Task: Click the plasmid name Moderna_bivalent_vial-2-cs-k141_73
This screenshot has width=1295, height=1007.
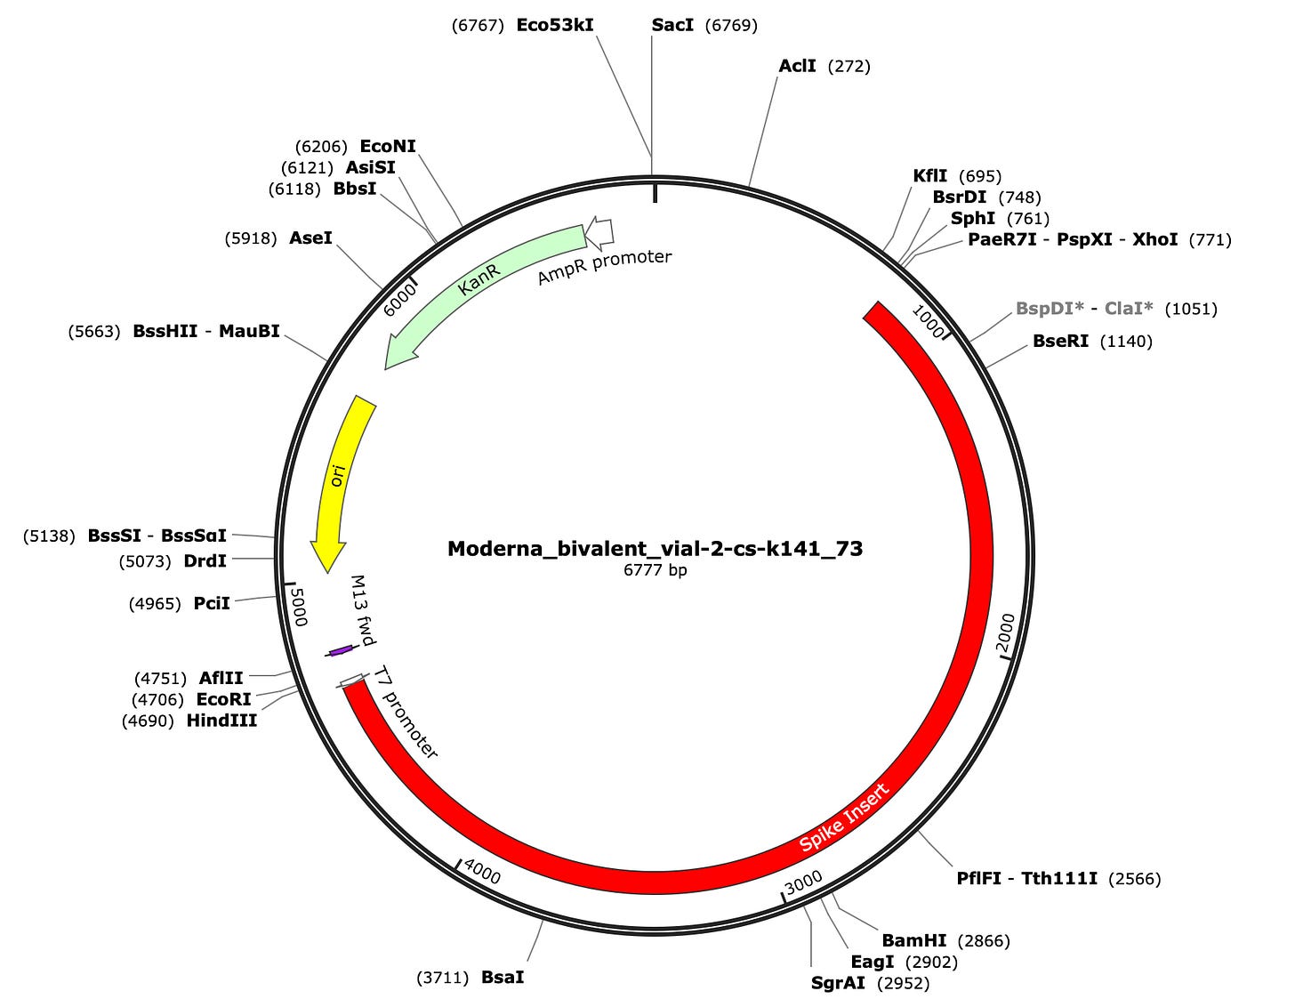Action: (655, 548)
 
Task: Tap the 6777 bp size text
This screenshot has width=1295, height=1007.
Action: (655, 570)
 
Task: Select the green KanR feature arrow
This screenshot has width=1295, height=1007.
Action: (480, 285)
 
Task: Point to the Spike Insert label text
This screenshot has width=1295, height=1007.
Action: (843, 818)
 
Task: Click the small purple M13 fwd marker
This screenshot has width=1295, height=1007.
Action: (340, 651)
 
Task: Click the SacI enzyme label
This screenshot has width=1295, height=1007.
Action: (672, 25)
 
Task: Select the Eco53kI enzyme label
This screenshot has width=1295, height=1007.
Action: (554, 25)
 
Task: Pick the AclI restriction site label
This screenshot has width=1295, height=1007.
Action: (797, 66)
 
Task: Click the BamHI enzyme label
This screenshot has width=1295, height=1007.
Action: (914, 940)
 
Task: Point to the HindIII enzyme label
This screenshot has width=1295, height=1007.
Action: (221, 721)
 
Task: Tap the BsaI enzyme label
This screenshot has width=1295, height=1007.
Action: (503, 977)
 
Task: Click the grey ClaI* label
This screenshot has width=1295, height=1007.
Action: (1129, 309)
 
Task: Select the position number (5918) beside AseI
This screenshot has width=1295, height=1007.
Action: (252, 238)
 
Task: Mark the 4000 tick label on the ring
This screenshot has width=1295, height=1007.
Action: (482, 874)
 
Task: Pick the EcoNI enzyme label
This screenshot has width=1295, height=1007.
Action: (388, 146)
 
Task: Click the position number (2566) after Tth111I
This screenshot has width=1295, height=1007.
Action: (1135, 879)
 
